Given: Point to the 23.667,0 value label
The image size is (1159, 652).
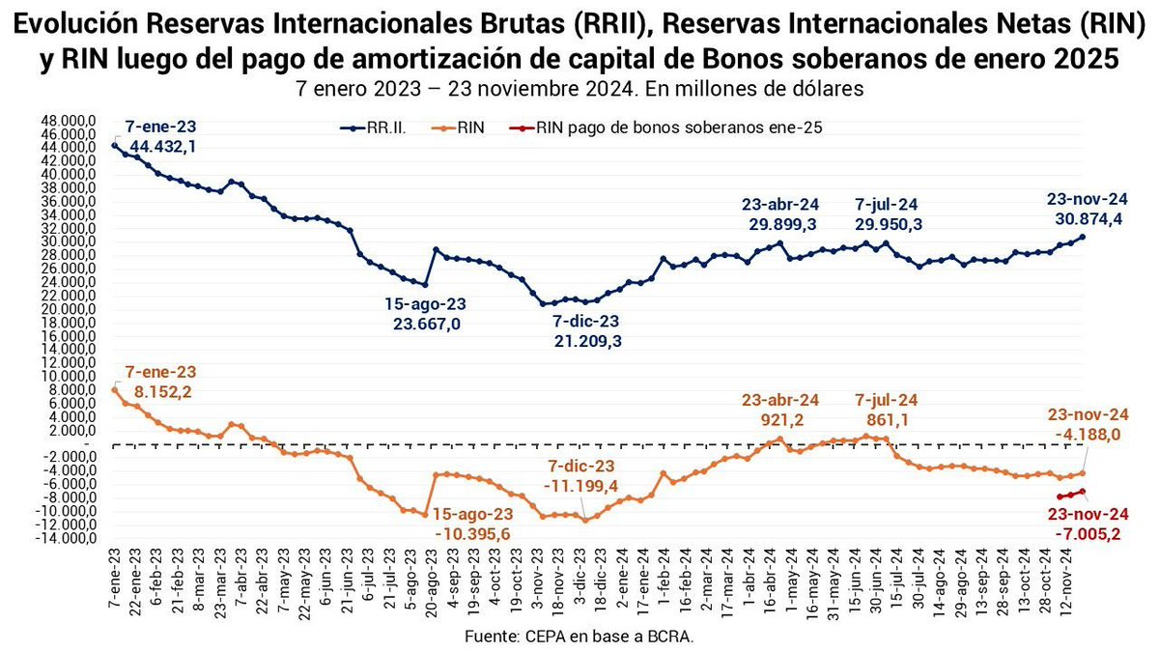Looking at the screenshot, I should [x=427, y=325].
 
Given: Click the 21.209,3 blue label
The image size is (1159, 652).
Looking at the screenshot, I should [x=586, y=341].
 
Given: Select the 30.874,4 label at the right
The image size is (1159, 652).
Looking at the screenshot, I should [x=1087, y=219].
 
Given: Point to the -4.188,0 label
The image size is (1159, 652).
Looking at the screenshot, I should [x=1087, y=435].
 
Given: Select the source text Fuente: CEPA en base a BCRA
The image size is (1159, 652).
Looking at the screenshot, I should [x=579, y=638].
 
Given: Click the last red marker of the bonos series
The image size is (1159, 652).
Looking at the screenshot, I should [x=1083, y=492].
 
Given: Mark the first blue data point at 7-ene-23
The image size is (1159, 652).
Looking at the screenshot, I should [x=116, y=144].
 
